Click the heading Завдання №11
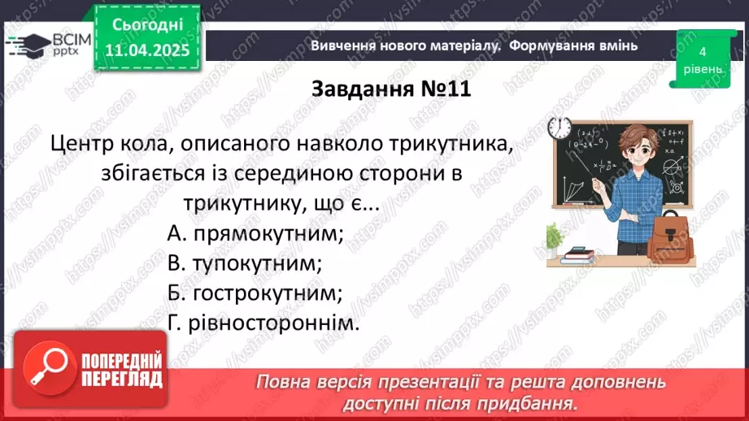point(391,89)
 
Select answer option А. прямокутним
point(255,234)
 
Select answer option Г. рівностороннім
point(262,323)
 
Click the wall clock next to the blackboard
point(559,127)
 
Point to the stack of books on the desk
point(577,255)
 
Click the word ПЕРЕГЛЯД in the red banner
point(121,379)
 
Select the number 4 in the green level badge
point(701,51)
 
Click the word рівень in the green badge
point(701,68)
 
